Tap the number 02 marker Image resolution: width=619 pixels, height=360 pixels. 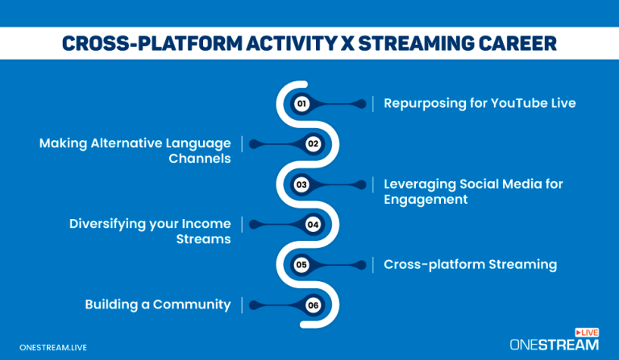314,144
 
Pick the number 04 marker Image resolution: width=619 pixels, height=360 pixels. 314,225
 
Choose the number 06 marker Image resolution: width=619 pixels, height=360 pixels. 314,304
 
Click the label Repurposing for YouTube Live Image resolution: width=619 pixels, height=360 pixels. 479,103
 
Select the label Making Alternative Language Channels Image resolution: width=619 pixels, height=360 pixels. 135,151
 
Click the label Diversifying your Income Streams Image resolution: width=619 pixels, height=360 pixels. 150,231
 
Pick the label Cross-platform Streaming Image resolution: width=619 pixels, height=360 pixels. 470,264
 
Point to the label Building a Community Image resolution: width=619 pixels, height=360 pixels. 158,304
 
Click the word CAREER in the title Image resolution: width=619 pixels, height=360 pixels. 513,43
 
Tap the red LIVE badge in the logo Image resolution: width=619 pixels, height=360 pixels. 586,332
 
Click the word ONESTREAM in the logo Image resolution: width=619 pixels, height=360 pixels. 554,344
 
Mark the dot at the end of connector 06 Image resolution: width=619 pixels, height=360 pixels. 253,304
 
